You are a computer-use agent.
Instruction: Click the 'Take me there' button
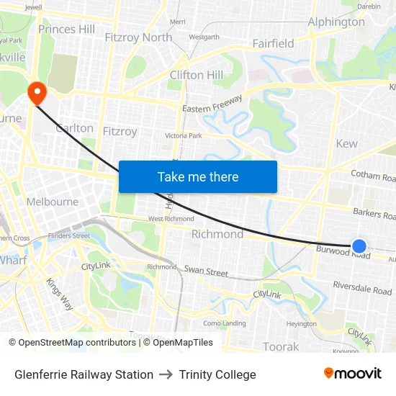click(x=198, y=176)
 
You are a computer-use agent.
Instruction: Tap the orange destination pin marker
click(x=35, y=92)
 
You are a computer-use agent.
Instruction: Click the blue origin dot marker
click(x=359, y=246)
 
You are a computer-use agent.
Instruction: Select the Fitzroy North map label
click(x=138, y=37)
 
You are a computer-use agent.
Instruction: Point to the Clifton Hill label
click(x=196, y=75)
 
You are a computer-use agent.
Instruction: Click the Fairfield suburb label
click(x=273, y=44)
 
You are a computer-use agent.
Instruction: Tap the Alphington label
click(x=336, y=22)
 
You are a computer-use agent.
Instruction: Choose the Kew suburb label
click(x=346, y=143)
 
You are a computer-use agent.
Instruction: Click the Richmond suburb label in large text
click(x=217, y=234)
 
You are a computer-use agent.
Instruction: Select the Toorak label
click(x=281, y=346)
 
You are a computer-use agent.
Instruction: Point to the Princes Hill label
click(x=66, y=30)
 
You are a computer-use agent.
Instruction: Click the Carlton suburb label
click(x=75, y=128)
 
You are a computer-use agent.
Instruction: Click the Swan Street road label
click(x=206, y=272)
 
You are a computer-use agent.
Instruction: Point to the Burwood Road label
click(x=343, y=252)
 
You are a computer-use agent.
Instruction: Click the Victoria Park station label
click(x=184, y=135)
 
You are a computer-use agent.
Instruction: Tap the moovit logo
click(x=352, y=373)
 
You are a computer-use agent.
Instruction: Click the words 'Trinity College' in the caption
click(x=217, y=374)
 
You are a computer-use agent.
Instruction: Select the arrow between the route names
click(x=166, y=374)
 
